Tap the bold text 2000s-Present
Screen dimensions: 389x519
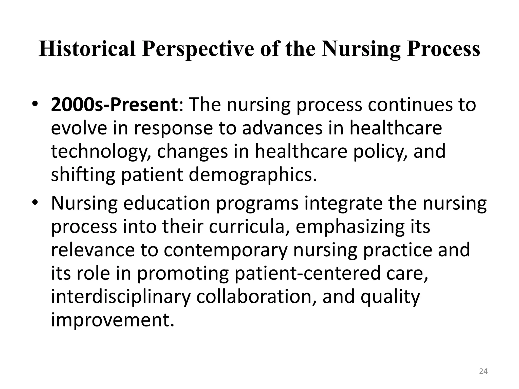[115, 105]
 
